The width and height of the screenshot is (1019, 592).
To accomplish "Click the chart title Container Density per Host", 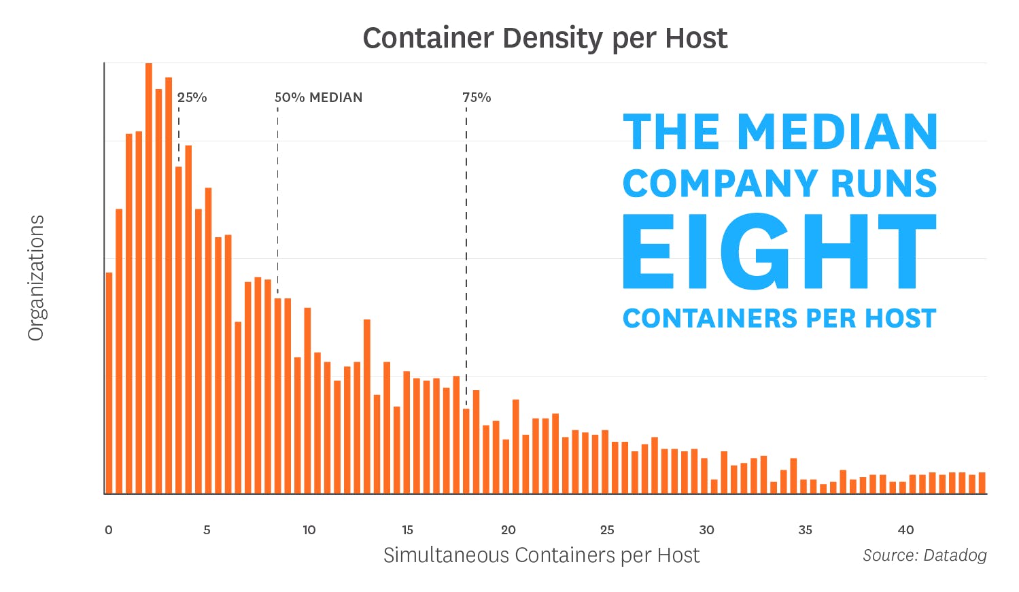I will point(545,38).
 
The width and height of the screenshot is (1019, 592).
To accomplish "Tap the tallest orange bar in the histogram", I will point(149,272).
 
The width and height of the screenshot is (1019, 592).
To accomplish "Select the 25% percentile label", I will point(192,97).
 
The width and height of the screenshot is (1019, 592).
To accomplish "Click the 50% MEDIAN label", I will point(318,97).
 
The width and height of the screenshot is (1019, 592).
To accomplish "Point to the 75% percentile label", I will point(477,97).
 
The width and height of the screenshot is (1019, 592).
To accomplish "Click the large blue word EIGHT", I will point(779,252).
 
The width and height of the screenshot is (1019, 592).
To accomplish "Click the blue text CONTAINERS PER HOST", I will point(779,318).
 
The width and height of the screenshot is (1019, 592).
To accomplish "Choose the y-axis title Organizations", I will point(36,278).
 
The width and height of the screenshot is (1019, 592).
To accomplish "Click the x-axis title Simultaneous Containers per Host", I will point(541,555).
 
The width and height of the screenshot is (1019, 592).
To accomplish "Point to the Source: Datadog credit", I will point(925,555).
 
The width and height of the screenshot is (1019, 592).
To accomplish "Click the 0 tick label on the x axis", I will point(109,530).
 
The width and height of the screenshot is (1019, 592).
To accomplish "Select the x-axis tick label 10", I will point(309,530).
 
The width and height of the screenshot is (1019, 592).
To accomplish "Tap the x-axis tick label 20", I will point(508,530).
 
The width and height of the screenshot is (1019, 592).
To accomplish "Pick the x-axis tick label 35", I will point(806,530).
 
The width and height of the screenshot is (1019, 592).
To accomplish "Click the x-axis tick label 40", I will point(905,530).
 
